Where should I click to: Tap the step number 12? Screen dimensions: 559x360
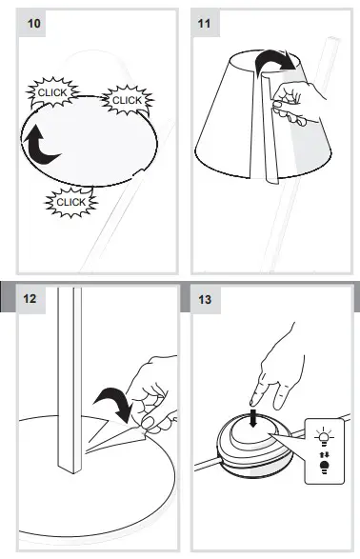tap(30, 299)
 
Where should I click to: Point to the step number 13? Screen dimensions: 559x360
tap(207, 299)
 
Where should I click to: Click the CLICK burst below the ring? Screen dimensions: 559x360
tap(70, 202)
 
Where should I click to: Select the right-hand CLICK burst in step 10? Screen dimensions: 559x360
tap(126, 99)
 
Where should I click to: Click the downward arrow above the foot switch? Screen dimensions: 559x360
tap(251, 419)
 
